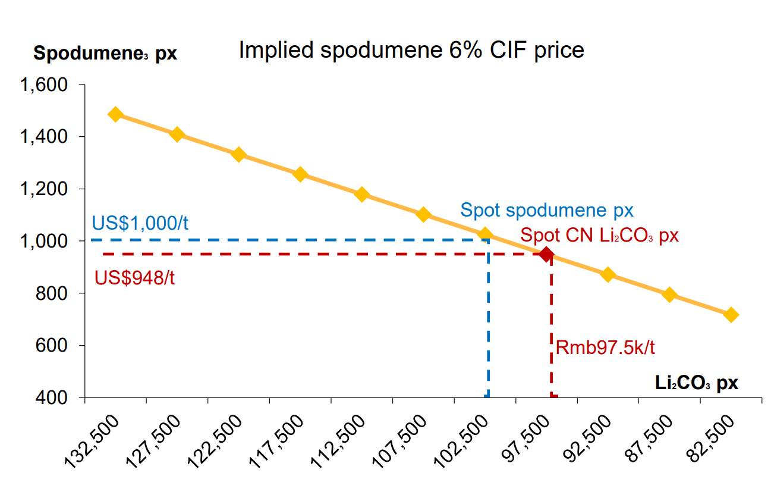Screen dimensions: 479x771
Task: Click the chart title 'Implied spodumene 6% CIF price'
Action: [411, 50]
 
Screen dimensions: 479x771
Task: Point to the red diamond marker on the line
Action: [547, 255]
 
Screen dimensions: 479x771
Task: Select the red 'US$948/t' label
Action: [135, 277]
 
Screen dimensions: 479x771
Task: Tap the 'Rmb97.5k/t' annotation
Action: [605, 347]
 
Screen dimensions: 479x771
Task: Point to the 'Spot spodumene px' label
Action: [547, 210]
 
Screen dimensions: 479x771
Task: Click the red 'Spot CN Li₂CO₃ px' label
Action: [599, 235]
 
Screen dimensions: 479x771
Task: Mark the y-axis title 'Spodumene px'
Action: [105, 53]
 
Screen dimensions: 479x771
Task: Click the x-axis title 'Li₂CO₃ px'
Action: [697, 383]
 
